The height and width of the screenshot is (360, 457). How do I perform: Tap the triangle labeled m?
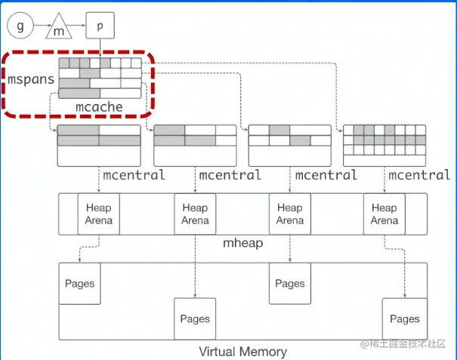[x=59, y=29]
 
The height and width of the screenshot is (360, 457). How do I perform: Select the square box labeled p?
[x=100, y=26]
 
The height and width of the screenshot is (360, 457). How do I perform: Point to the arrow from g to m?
[x=39, y=27]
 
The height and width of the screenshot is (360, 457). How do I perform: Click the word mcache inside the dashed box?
[x=99, y=107]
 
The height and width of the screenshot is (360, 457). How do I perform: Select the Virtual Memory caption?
[x=242, y=351]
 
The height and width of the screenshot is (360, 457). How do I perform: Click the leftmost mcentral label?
[x=134, y=176]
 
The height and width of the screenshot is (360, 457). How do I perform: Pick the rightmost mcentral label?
[x=419, y=176]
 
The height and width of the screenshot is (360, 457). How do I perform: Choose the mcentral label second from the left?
[x=230, y=176]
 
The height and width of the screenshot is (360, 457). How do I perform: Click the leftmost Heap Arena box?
[x=99, y=214]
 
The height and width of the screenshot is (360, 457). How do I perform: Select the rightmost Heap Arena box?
[x=384, y=214]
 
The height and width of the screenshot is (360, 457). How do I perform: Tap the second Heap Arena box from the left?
[x=195, y=214]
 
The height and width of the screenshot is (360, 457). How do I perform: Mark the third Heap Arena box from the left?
[x=290, y=214]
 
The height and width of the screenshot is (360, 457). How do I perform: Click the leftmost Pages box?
[x=80, y=284]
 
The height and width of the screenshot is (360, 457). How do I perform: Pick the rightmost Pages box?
[x=405, y=319]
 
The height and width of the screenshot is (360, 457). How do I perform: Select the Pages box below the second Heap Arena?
[x=195, y=319]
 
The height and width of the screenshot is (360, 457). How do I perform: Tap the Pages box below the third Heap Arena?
[x=290, y=284]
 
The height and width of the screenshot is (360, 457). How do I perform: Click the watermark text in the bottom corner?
[x=405, y=344]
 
